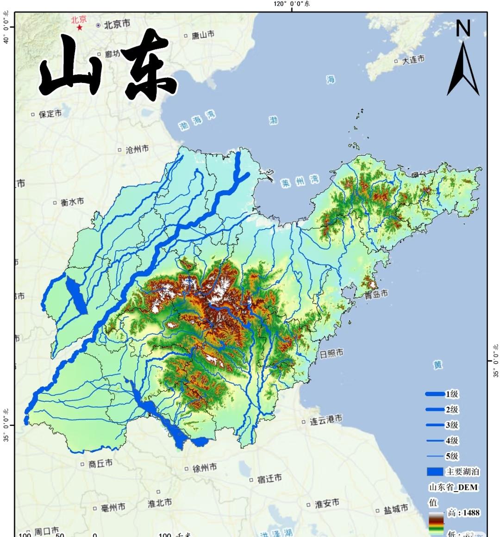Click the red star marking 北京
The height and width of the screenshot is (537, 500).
(x=80, y=28)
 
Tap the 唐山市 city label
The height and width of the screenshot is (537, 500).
(x=203, y=35)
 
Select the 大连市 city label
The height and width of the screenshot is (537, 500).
(x=413, y=60)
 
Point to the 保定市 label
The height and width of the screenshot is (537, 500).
(x=50, y=114)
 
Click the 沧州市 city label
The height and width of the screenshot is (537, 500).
(x=137, y=149)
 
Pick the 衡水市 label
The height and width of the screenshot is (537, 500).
(x=72, y=202)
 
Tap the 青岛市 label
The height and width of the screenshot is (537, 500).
(x=376, y=294)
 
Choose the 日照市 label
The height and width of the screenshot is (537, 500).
(x=331, y=354)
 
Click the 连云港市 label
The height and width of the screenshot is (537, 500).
(x=326, y=420)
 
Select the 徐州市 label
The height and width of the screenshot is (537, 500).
(x=204, y=468)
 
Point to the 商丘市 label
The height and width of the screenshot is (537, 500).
(x=100, y=463)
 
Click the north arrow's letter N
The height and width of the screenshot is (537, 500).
(x=463, y=29)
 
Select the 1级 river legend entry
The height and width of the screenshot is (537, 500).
(x=451, y=394)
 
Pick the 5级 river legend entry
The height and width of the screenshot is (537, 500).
(x=451, y=456)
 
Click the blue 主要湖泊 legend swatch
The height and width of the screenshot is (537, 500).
(x=435, y=472)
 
